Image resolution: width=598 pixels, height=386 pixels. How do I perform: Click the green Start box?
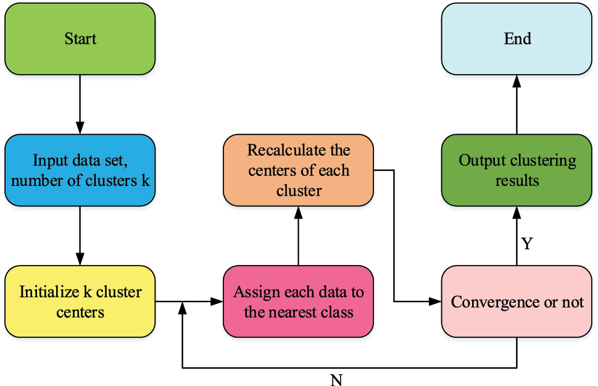click(x=80, y=39)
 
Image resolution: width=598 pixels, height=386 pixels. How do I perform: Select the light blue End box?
click(x=517, y=39)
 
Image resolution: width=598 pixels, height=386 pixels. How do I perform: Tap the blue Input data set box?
click(x=80, y=170)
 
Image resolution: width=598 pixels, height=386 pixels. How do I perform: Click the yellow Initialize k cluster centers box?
click(x=80, y=301)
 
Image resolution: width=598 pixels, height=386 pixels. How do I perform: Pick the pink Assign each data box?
click(x=298, y=301)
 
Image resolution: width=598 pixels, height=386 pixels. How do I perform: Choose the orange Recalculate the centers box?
click(x=298, y=170)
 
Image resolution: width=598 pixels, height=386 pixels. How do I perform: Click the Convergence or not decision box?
click(x=517, y=301)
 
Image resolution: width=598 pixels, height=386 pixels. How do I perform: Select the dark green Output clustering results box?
click(x=517, y=170)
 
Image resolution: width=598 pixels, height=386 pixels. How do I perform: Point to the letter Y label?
click(x=526, y=244)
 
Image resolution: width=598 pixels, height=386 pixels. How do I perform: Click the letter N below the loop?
click(x=336, y=379)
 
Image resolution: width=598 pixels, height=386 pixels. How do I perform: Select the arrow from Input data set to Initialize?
click(x=80, y=235)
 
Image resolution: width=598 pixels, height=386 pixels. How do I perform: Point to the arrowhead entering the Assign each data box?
click(x=218, y=301)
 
